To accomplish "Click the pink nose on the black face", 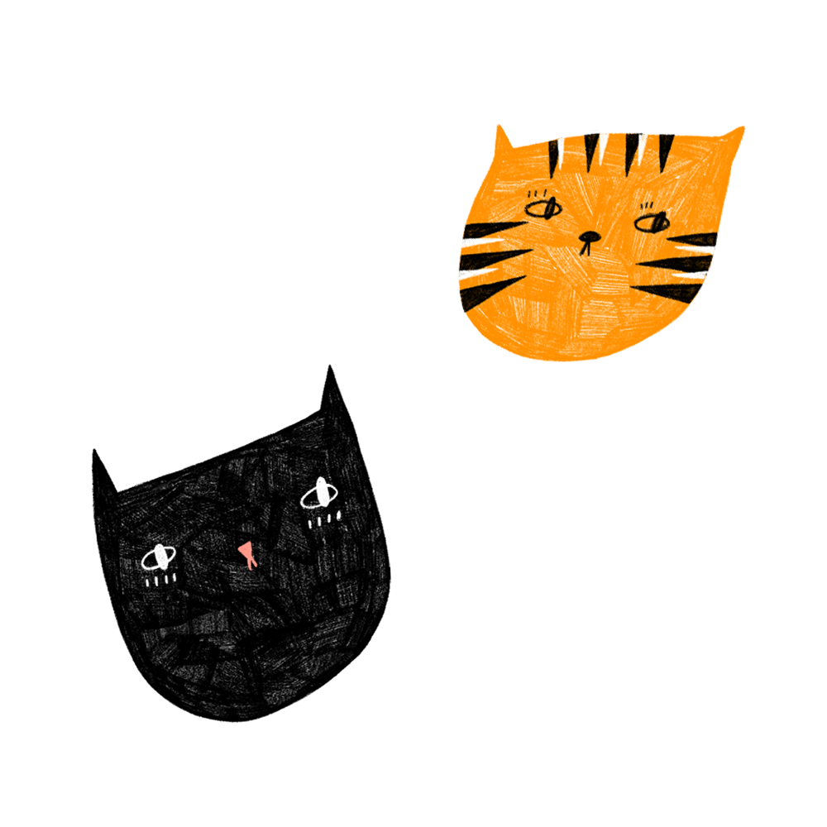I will click(246, 552).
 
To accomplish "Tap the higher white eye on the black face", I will click(319, 495).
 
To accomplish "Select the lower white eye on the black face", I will click(159, 558).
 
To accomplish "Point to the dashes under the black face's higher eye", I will click(324, 521).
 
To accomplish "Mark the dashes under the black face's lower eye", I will click(160, 581).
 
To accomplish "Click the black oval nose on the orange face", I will click(588, 236).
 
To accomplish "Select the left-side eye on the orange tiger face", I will click(543, 208).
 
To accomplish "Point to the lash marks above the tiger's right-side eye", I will click(648, 205).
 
